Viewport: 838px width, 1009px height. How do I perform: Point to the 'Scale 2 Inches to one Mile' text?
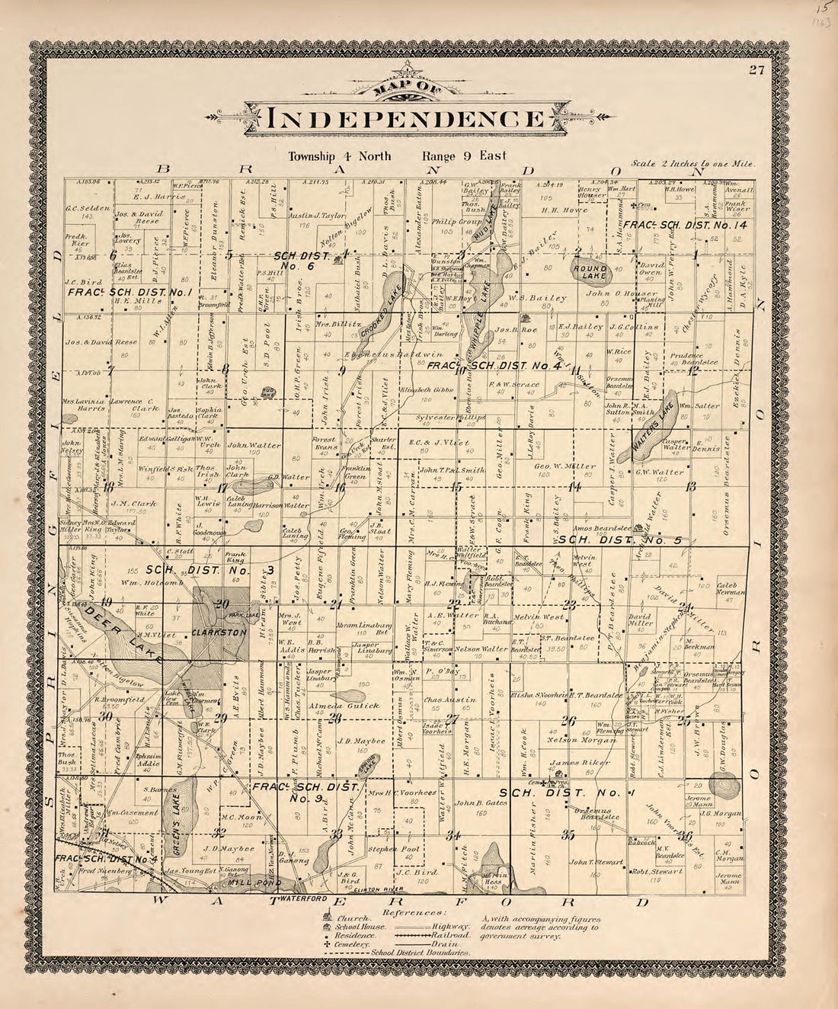pos(692,164)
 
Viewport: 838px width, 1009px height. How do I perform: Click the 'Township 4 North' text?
pos(340,156)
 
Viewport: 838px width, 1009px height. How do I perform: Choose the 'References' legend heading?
pos(414,911)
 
